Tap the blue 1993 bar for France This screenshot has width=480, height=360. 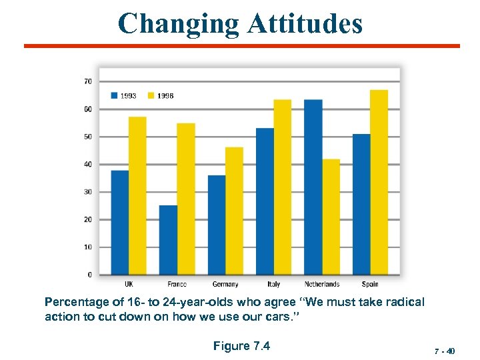168,239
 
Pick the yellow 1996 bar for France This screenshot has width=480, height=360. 186,199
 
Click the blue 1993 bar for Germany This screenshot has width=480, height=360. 217,225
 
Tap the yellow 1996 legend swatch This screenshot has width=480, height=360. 151,95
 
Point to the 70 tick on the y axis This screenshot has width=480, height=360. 87,81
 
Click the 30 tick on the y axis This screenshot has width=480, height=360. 87,192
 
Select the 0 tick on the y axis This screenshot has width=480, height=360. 89,275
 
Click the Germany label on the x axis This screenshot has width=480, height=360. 225,285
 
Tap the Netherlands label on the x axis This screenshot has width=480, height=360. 322,285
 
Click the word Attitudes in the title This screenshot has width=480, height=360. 305,24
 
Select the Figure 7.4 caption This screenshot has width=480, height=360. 241,345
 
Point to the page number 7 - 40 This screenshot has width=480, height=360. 443,350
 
